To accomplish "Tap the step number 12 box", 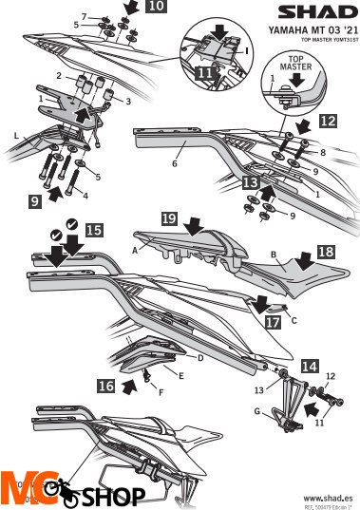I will [327, 122].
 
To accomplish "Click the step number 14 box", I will [310, 364].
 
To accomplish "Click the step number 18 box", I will [326, 251].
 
